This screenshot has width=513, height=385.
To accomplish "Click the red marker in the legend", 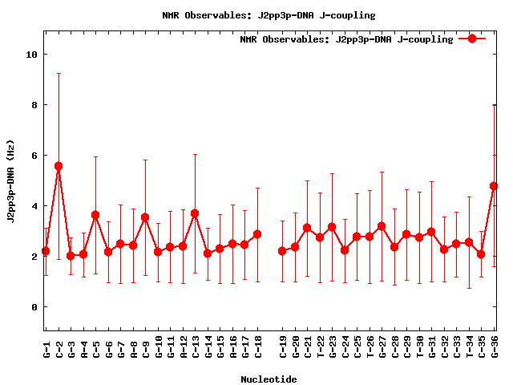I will click(x=472, y=38).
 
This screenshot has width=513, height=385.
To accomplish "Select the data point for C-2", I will click(x=58, y=166).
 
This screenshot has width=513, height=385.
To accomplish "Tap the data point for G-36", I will click(x=494, y=186).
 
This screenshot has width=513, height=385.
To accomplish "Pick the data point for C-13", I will click(x=195, y=214).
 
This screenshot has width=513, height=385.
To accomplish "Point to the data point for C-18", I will click(x=257, y=234).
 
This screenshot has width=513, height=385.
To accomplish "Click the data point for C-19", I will click(x=282, y=251).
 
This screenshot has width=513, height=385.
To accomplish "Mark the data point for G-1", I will click(x=46, y=251).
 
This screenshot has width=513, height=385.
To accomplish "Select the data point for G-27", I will click(x=382, y=226).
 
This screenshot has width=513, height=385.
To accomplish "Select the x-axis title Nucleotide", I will click(x=269, y=379).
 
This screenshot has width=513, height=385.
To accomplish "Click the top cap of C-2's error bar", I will click(x=58, y=73).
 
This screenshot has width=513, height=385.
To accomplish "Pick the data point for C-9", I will click(x=145, y=217).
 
